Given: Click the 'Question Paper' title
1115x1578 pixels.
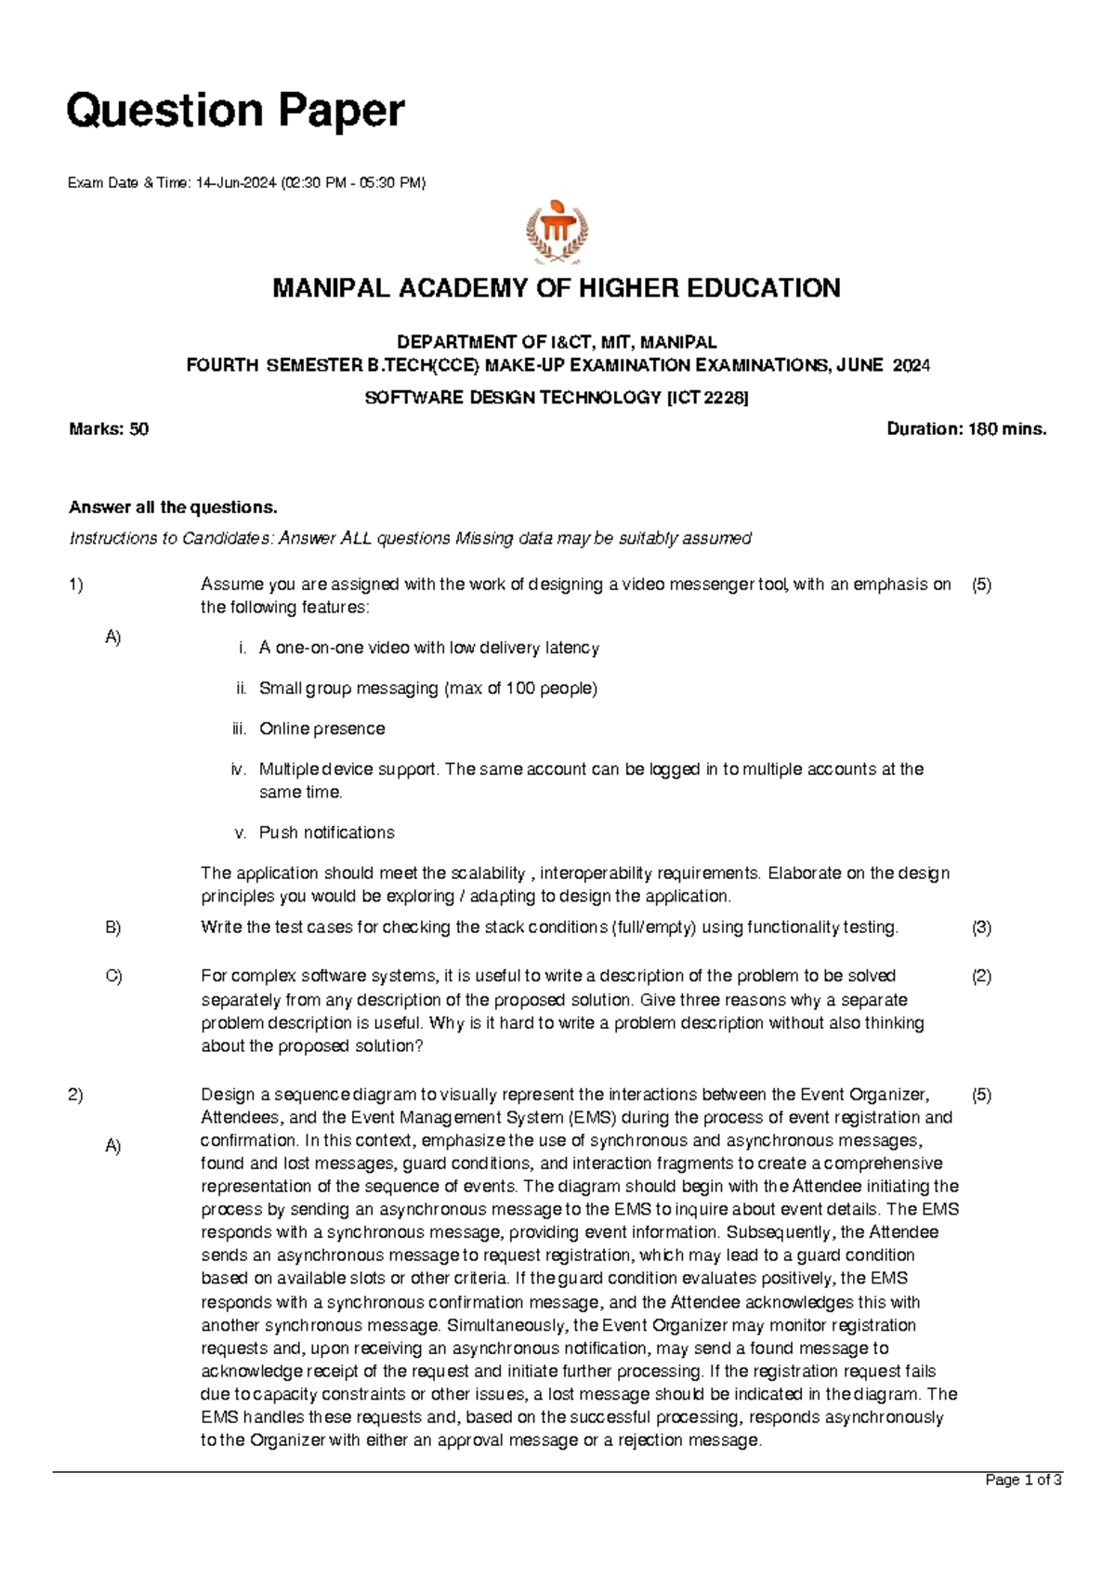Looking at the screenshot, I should point(235,111).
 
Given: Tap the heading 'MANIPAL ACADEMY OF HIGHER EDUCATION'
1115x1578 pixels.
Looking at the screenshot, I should point(557,288).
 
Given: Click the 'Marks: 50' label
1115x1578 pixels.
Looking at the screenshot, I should point(109,429).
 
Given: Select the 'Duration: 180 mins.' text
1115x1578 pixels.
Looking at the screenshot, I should point(966,429).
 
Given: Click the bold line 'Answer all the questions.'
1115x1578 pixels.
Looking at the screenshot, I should point(173,507).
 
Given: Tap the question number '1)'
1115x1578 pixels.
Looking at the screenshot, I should point(75,585).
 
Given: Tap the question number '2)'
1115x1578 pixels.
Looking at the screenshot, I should point(75,1095).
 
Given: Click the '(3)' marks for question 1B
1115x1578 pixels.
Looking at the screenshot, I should point(981,927).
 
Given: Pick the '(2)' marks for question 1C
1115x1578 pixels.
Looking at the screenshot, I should point(981,976).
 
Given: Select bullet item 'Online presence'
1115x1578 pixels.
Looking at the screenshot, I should point(321,729).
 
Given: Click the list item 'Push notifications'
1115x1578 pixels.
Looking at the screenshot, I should point(326,833).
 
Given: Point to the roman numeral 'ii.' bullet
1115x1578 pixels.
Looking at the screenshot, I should point(241,689).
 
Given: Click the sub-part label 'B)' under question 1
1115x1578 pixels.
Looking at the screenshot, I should point(113,927).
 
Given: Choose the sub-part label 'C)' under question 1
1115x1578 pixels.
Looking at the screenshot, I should point(113,976).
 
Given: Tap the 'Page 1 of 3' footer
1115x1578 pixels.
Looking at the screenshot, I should point(1023,1480).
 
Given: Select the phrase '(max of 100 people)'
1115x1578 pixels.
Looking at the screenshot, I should point(520,689).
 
